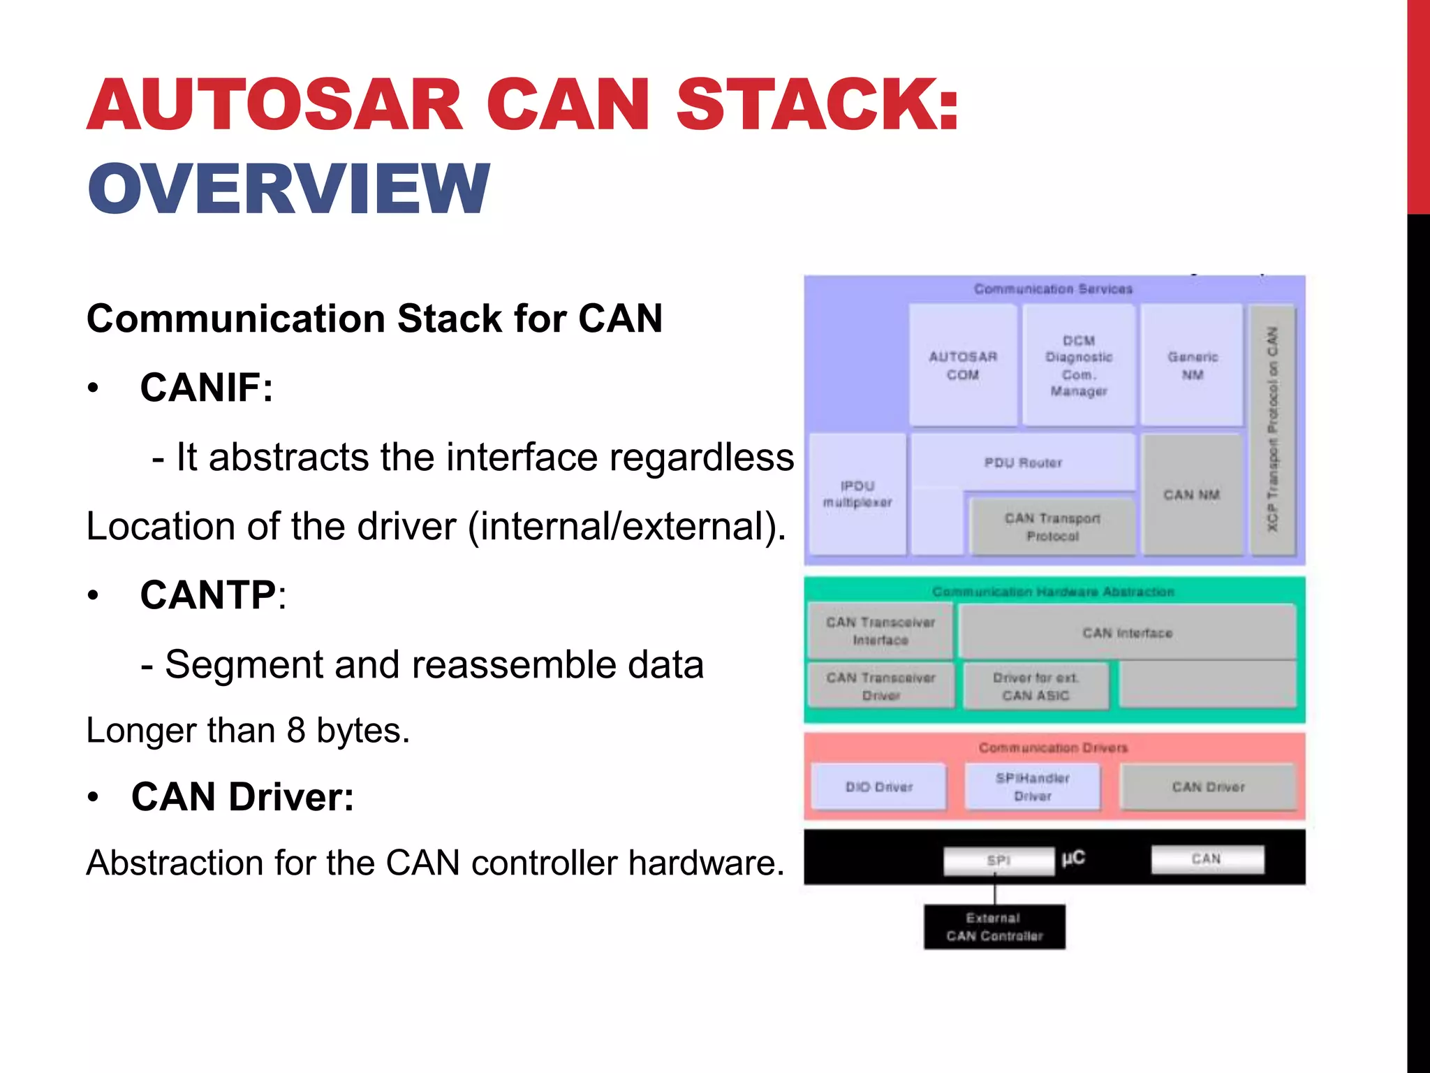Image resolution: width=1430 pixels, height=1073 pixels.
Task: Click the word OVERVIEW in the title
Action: (x=288, y=189)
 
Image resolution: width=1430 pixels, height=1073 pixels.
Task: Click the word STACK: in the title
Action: (x=817, y=105)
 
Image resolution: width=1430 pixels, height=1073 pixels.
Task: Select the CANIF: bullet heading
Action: (x=206, y=388)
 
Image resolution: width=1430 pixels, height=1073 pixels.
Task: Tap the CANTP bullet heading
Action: (x=208, y=595)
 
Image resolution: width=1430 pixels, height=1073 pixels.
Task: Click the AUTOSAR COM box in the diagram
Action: (x=963, y=365)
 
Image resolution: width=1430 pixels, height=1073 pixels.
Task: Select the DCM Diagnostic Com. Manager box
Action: (x=1079, y=365)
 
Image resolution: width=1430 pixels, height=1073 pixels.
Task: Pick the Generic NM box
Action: (x=1193, y=365)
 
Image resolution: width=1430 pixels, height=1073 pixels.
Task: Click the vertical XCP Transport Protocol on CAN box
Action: (x=1273, y=430)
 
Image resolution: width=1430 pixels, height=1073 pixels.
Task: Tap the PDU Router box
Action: (x=1023, y=462)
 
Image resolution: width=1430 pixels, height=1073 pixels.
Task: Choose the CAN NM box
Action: (x=1192, y=495)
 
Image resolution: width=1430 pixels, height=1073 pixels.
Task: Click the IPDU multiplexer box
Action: (x=857, y=494)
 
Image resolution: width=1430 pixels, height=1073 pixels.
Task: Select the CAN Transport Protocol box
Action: (x=1052, y=527)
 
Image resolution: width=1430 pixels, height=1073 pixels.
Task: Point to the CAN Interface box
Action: (x=1127, y=633)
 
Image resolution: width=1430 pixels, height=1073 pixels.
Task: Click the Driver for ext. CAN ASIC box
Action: (x=1035, y=686)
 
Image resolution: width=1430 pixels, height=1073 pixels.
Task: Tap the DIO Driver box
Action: (x=879, y=787)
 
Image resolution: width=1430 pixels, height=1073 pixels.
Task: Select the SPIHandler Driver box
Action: (x=1032, y=787)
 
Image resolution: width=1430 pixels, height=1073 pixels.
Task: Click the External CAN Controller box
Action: (x=994, y=927)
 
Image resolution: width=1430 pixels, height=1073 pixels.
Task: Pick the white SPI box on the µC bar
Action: (x=998, y=861)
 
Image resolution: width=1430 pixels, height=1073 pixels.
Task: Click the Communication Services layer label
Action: (x=1053, y=289)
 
